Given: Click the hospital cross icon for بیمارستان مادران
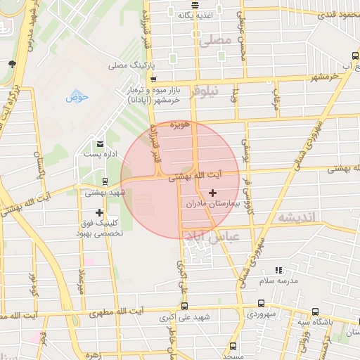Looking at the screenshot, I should tap(213, 192).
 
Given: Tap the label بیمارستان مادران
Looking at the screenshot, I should tap(213, 203).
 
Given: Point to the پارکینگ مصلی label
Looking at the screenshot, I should tap(129, 65).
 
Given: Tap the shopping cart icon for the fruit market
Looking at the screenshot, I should tap(153, 79).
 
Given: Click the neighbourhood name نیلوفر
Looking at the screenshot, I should tap(206, 91).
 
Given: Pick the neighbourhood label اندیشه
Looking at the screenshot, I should tap(299, 217).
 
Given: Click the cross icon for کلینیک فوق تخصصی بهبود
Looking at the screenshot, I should tap(100, 212).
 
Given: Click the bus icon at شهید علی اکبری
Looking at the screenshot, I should tap(184, 306).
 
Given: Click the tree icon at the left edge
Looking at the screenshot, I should tap(12, 65).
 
